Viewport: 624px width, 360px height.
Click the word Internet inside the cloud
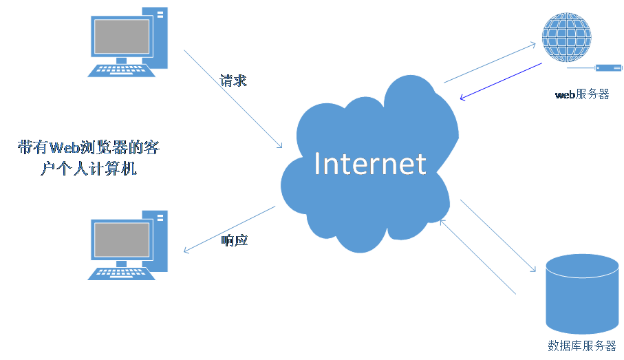point(369,164)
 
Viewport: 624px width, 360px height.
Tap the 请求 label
point(233,81)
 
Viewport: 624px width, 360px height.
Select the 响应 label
point(235,240)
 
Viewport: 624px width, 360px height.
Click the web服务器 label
point(582,94)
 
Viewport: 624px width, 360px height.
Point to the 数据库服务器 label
point(581,346)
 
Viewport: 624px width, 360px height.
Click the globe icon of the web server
point(566,38)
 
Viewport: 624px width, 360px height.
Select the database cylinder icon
point(581,295)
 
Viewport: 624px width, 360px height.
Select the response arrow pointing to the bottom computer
point(229,229)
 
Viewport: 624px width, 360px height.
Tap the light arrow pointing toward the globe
point(490,63)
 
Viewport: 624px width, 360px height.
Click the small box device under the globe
point(608,67)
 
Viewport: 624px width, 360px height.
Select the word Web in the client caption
point(65,147)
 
